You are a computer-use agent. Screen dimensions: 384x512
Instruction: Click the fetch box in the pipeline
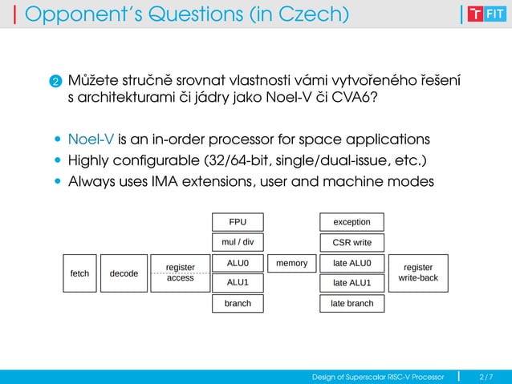coord(79,273)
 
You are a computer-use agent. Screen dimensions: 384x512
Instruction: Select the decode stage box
coord(124,273)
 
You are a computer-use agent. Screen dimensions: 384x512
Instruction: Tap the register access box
coord(180,273)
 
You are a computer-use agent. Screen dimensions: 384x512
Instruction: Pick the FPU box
coord(238,221)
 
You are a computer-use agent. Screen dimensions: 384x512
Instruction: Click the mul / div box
coord(238,242)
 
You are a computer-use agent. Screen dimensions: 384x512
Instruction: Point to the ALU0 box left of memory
coord(238,262)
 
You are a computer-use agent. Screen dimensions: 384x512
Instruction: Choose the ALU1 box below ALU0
coord(238,282)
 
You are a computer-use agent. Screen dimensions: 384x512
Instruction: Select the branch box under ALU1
coord(238,303)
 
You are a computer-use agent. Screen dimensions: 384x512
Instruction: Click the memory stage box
coord(291,262)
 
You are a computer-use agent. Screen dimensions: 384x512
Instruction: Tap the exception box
coord(351,221)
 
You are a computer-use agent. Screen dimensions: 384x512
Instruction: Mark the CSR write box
coord(351,242)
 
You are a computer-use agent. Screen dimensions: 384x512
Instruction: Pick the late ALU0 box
coord(351,262)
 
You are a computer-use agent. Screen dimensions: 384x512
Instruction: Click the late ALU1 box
coord(351,282)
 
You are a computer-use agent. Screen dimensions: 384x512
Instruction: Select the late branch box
coord(351,303)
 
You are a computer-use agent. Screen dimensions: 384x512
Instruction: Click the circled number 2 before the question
coord(55,83)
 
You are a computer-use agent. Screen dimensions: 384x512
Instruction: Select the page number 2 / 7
coord(486,376)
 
